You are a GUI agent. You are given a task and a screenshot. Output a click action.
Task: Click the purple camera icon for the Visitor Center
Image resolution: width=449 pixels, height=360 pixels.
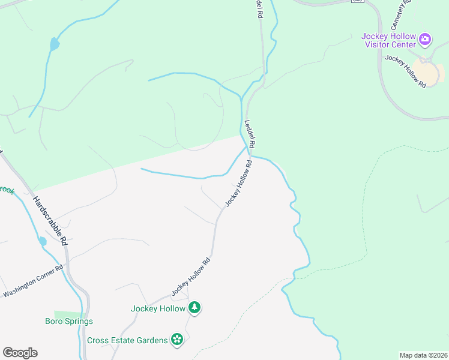coord(425,40)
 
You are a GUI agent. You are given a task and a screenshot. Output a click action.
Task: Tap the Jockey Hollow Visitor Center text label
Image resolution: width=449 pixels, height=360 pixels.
coord(388,40)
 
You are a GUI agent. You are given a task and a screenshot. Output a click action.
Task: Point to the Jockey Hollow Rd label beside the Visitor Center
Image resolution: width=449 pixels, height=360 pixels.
coord(406,71)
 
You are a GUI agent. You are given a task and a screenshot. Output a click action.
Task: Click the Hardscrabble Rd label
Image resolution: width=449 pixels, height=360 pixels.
coord(49,221)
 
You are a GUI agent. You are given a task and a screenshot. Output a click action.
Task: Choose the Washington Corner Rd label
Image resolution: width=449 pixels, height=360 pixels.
coord(33,282)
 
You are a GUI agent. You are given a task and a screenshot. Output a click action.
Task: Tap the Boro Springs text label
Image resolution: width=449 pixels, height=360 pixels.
coord(69,321)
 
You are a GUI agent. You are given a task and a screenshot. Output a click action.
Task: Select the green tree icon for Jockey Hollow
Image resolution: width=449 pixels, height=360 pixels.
coord(194,308)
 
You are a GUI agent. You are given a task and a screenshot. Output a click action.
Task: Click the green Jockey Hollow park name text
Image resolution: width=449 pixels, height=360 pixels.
coord(158,309)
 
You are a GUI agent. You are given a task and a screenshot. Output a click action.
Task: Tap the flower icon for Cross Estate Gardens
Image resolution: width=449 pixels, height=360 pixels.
coord(177,340)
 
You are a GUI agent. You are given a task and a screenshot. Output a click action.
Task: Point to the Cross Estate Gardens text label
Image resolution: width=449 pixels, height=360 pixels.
coord(127,340)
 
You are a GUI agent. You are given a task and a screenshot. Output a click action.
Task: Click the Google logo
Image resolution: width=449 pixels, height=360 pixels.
coord(20,353)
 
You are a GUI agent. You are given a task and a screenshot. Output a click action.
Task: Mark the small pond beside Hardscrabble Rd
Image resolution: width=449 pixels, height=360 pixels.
coord(42,241)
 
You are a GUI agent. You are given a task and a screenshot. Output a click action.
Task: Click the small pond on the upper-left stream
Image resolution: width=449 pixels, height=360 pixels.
coord(54,44)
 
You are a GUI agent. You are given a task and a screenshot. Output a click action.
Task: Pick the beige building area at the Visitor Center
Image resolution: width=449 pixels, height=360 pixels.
coord(427,73)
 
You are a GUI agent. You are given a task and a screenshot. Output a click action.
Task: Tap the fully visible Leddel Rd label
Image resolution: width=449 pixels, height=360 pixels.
coord(250,134)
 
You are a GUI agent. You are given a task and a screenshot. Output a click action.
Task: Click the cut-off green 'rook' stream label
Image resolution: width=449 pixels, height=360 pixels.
coord(7,190)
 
